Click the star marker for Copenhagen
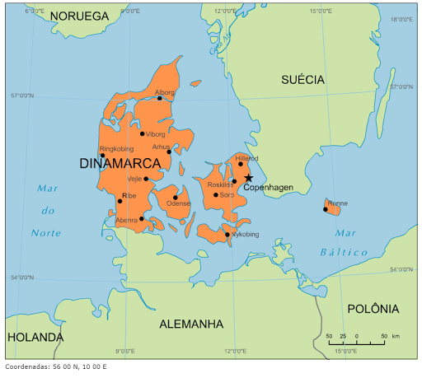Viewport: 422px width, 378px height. (248, 177)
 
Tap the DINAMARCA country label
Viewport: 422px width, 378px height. (120, 164)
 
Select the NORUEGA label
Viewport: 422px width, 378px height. (79, 16)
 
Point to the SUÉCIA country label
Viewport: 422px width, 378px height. (302, 79)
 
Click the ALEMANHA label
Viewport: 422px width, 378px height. (191, 324)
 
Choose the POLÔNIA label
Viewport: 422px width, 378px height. (373, 309)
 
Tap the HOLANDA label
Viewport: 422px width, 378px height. (35, 338)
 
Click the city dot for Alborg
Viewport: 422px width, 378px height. (160, 99)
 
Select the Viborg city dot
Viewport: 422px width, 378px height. (142, 133)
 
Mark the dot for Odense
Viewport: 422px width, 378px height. (175, 197)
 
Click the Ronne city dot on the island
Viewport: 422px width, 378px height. (326, 209)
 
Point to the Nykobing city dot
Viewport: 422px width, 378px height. (227, 235)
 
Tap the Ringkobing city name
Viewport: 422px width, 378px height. (115, 148)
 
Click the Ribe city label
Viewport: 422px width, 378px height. (129, 195)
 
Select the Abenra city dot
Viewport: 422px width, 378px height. (142, 219)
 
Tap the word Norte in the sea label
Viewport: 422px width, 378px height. (46, 233)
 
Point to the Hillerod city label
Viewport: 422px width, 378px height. (246, 157)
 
